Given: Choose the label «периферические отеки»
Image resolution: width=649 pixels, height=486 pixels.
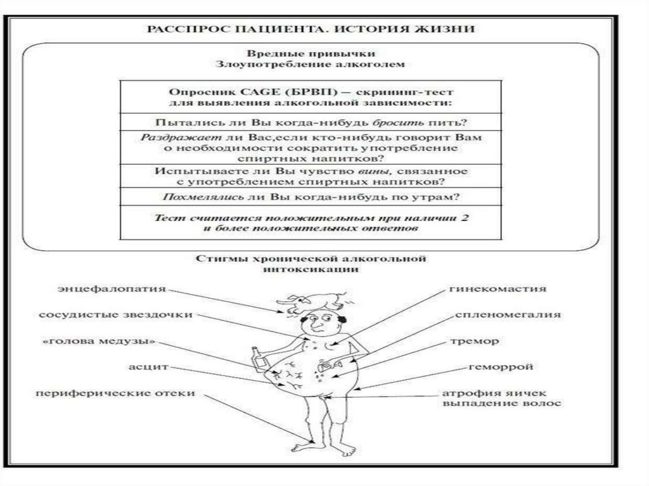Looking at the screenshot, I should (115, 393).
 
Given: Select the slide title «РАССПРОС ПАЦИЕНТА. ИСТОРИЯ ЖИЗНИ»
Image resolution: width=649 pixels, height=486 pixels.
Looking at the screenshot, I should (311, 30).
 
